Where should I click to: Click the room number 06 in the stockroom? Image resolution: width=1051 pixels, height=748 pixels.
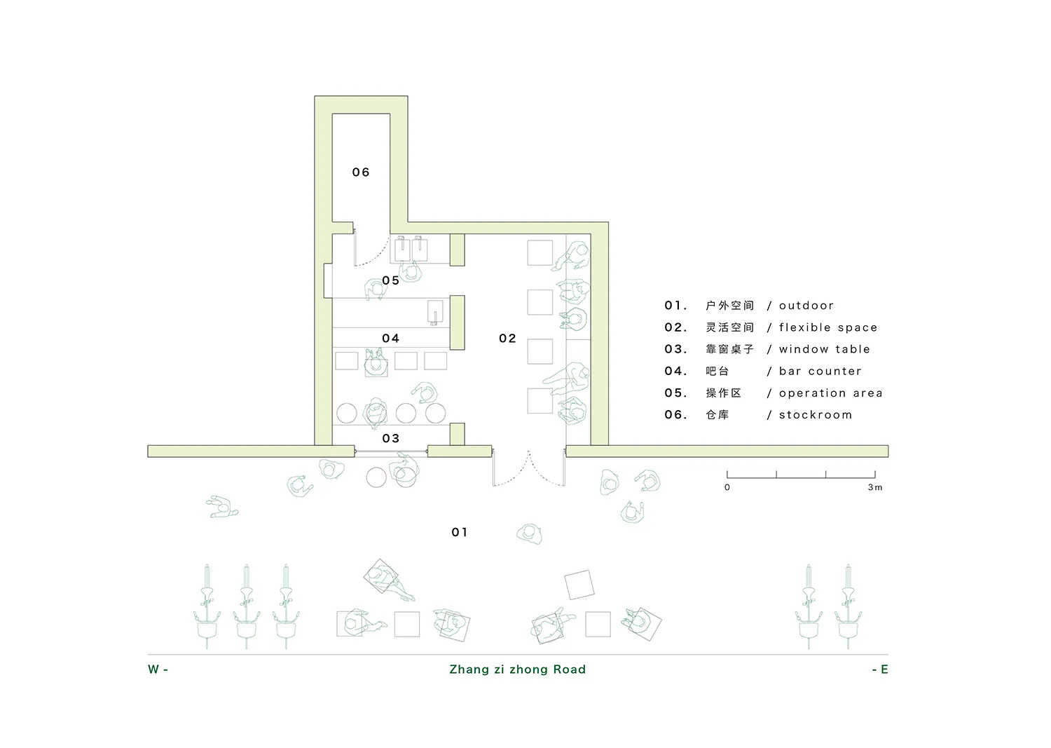pyautogui.click(x=360, y=172)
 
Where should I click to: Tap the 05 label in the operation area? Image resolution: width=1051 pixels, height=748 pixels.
pyautogui.click(x=390, y=280)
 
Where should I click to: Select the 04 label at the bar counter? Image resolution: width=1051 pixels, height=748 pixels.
pyautogui.click(x=390, y=338)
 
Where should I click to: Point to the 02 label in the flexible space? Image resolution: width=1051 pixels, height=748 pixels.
pyautogui.click(x=507, y=338)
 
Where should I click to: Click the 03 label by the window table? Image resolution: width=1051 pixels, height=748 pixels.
pyautogui.click(x=390, y=438)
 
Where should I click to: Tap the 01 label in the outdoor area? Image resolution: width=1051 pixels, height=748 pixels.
pyautogui.click(x=460, y=532)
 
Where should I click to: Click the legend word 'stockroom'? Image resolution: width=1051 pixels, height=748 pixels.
pyautogui.click(x=816, y=414)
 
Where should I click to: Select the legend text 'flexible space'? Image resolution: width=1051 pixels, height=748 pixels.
pyautogui.click(x=828, y=327)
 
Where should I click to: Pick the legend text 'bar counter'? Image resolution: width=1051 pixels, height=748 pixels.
pyautogui.click(x=820, y=371)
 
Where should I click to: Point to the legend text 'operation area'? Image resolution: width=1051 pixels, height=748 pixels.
pyautogui.click(x=830, y=393)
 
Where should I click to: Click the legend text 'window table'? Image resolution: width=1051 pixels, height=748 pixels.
pyautogui.click(x=825, y=349)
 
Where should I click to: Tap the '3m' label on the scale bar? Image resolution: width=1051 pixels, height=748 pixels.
pyautogui.click(x=874, y=487)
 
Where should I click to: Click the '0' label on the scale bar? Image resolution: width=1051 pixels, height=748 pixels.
pyautogui.click(x=727, y=487)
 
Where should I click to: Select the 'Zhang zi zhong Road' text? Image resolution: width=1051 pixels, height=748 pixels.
pyautogui.click(x=518, y=669)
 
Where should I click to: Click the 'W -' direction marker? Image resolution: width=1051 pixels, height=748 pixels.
pyautogui.click(x=158, y=669)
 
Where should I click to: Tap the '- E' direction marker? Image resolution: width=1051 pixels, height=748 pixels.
pyautogui.click(x=880, y=669)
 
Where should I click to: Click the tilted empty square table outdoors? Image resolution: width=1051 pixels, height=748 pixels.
pyautogui.click(x=579, y=585)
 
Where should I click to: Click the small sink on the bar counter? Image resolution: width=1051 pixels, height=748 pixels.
pyautogui.click(x=435, y=313)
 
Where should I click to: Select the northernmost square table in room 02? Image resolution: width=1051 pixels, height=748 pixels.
pyautogui.click(x=540, y=252)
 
